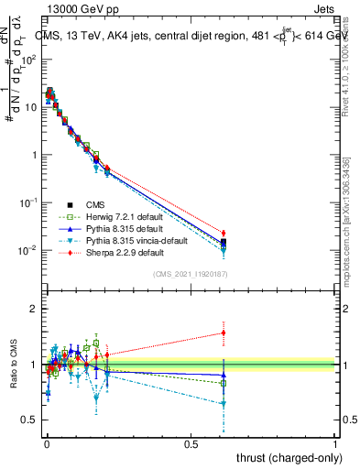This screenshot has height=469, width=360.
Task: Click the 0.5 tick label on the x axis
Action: [191, 443]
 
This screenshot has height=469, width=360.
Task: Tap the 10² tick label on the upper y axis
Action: [30, 59]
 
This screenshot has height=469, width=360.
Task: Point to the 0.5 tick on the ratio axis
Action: [30, 420]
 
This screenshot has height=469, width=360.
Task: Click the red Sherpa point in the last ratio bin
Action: [224, 333]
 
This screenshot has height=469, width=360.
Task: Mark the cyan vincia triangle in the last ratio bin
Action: [224, 403]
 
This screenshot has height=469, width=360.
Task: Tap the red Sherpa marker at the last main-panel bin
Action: [224, 233]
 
